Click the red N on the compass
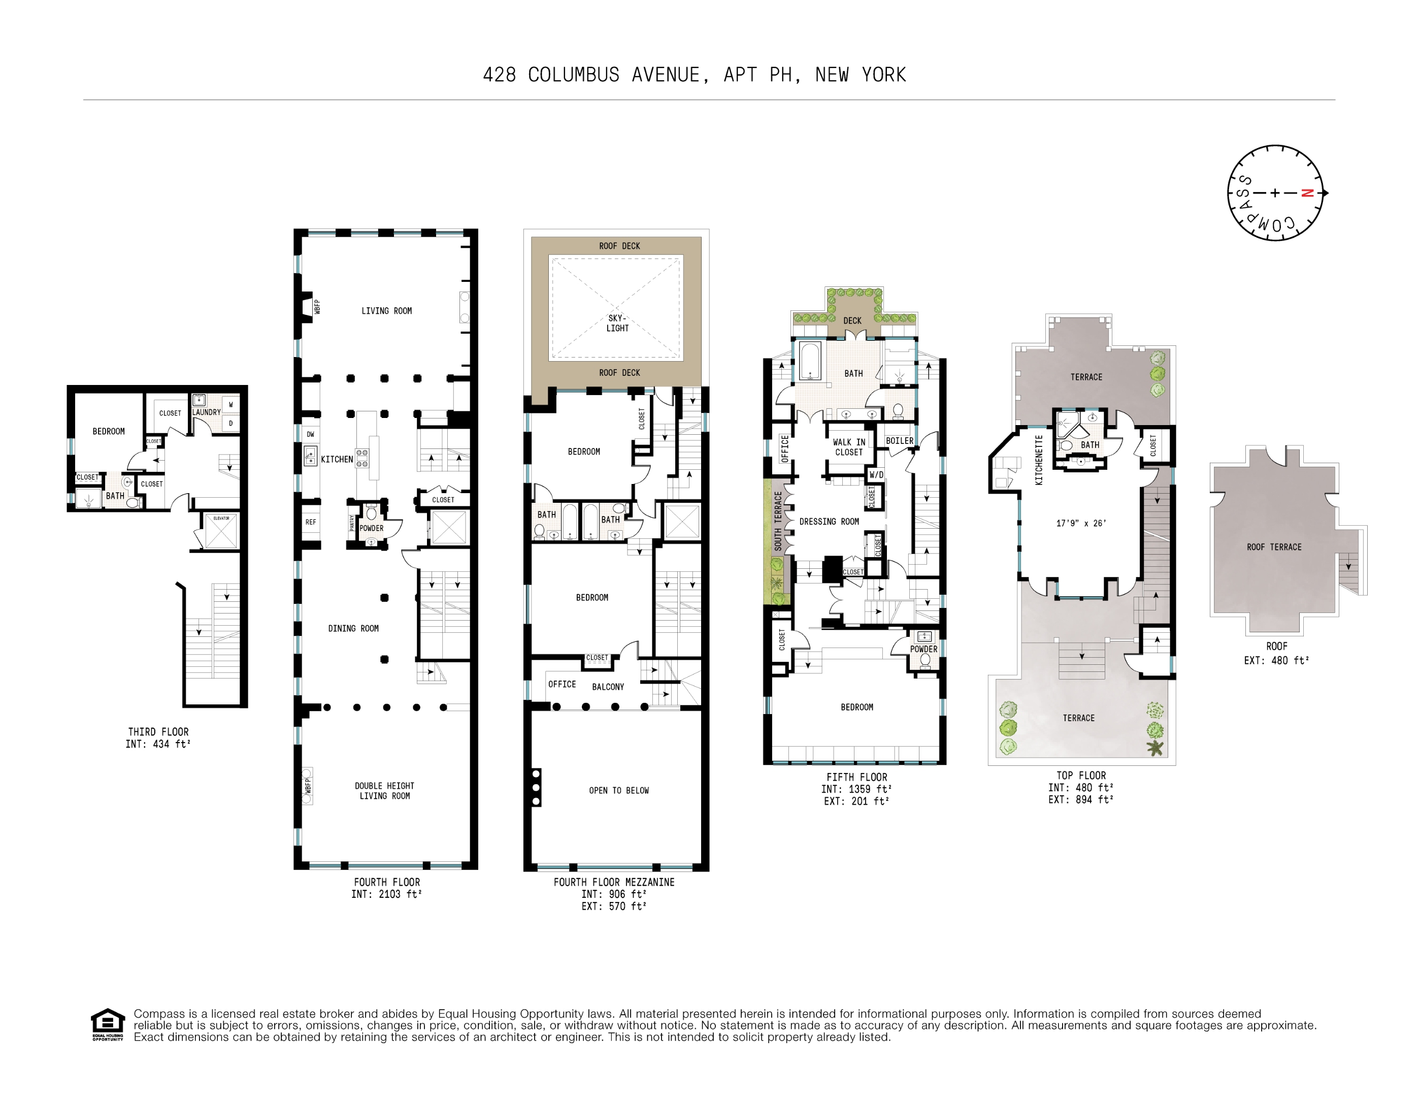point(1307,193)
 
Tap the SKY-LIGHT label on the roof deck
point(617,323)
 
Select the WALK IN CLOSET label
point(848,447)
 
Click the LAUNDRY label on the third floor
point(206,412)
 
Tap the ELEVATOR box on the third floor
point(221,531)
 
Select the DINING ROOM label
point(353,628)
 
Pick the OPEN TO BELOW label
point(618,791)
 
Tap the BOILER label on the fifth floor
point(899,441)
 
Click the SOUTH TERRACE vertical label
point(778,521)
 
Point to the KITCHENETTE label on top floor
point(1038,460)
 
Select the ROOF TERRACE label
point(1273,547)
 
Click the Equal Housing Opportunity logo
point(107,1025)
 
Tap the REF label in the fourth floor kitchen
point(311,522)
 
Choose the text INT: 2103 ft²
point(386,895)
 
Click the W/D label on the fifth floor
point(876,475)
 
